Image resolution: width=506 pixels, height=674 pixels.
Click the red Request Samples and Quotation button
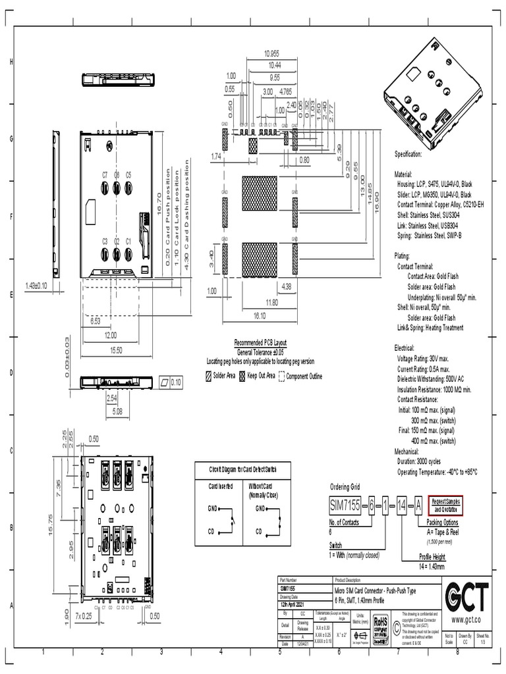[446, 504]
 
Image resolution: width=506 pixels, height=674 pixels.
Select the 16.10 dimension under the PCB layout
[259, 316]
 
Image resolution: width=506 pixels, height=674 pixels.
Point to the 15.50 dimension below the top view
[116, 350]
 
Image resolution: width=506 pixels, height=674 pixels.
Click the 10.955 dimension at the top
[271, 53]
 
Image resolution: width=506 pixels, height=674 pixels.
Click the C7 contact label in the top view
[105, 174]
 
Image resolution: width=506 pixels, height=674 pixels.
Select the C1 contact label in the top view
[128, 242]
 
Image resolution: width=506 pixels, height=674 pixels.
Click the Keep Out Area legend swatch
[242, 376]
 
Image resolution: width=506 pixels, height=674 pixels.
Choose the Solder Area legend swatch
[208, 376]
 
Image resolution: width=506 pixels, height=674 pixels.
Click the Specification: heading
[408, 154]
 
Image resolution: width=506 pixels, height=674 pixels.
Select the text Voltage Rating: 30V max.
[423, 359]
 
